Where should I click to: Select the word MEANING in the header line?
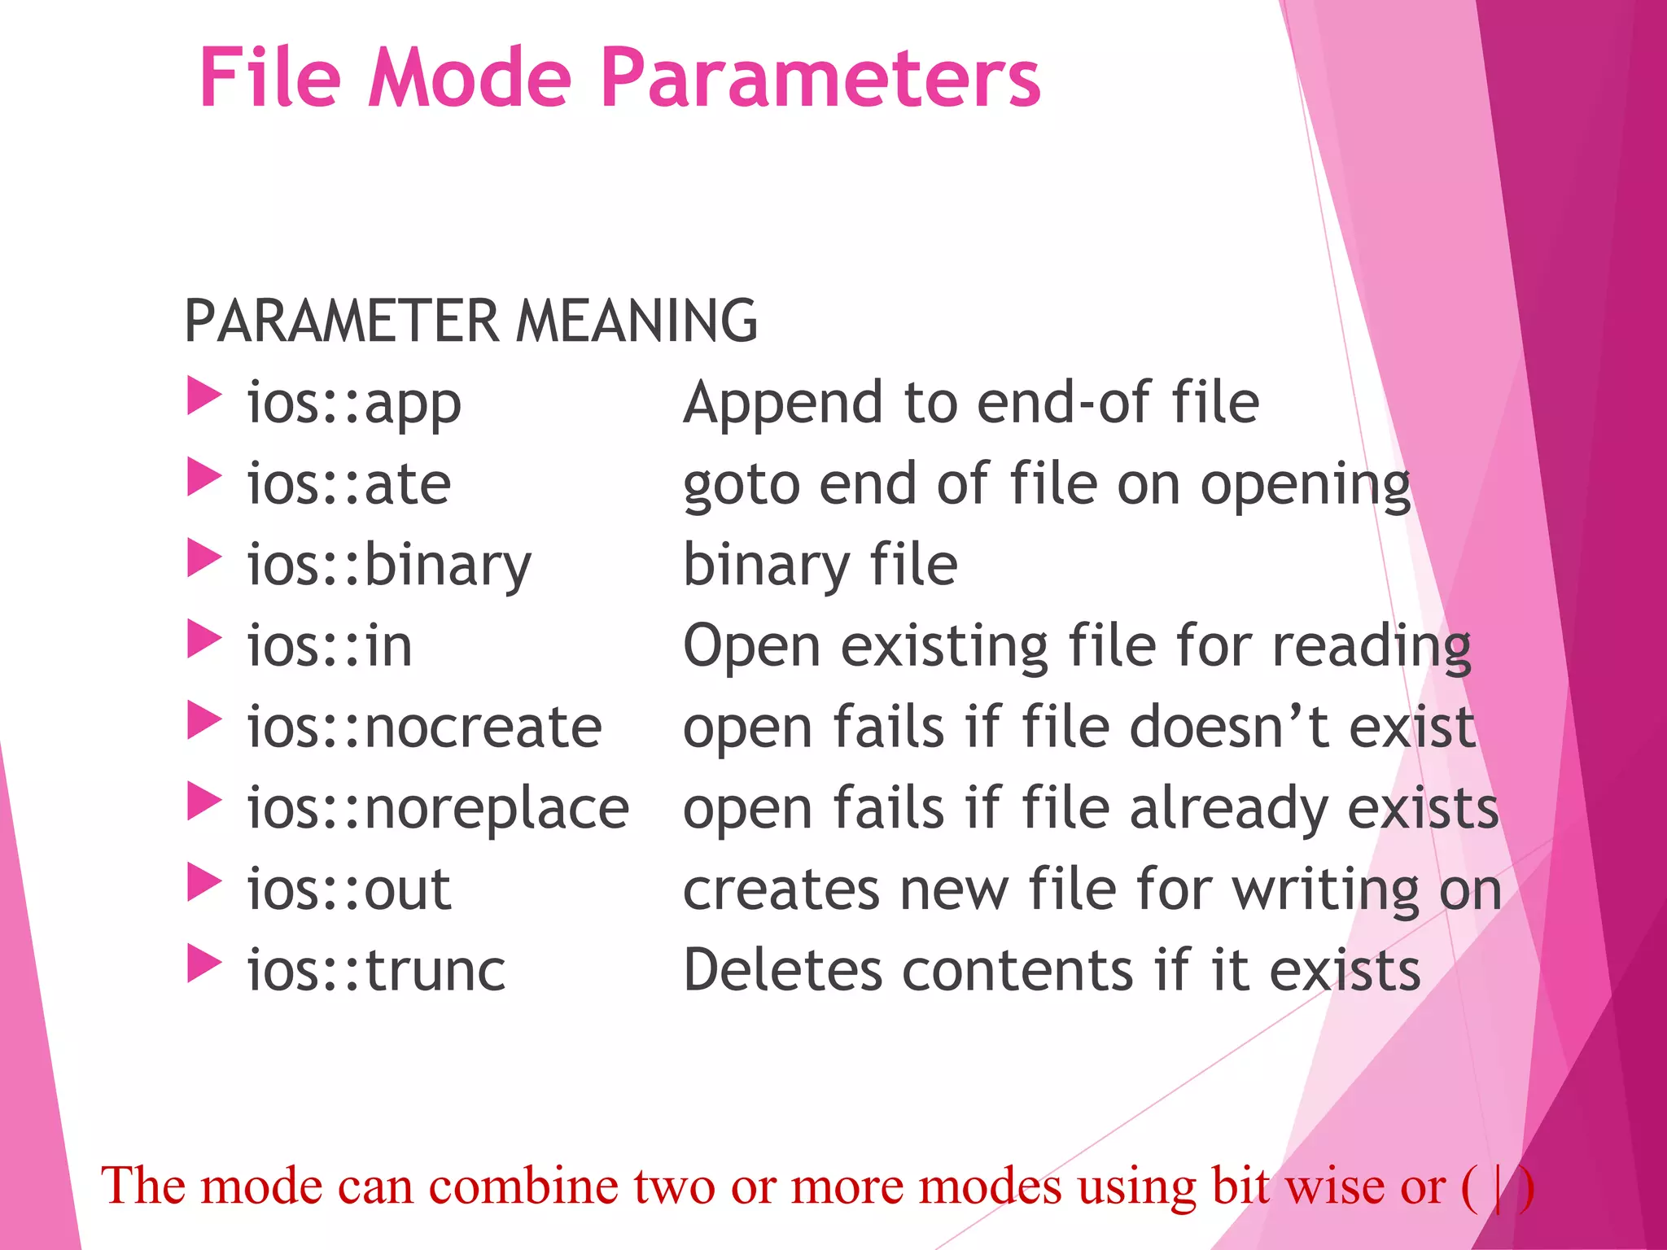[x=637, y=321]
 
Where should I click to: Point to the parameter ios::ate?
[x=348, y=484]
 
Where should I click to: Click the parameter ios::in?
[x=330, y=646]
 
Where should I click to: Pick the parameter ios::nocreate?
[x=424, y=727]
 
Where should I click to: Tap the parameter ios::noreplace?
[x=438, y=808]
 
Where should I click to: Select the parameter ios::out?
[x=348, y=889]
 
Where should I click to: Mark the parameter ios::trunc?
[x=376, y=970]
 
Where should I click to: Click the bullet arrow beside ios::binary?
[x=203, y=558]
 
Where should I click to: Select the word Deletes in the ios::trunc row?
[x=782, y=970]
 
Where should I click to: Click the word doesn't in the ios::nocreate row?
[x=1228, y=727]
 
